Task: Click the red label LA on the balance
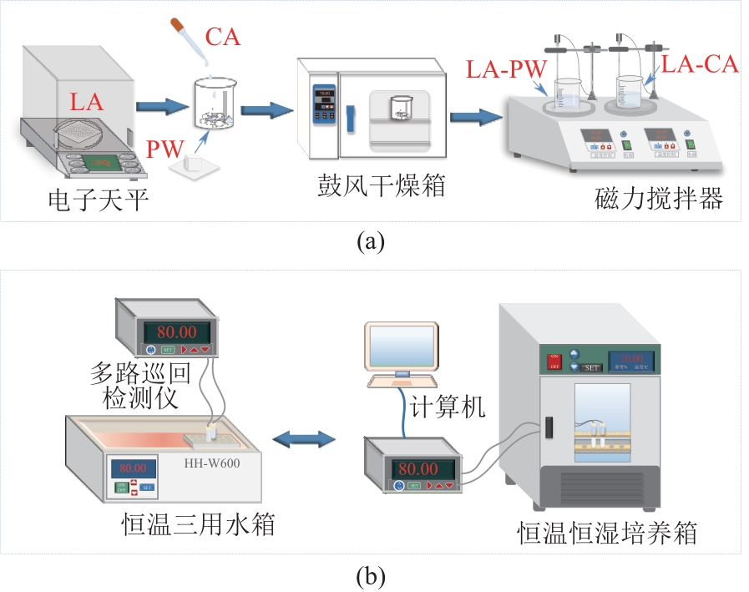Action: coord(86,103)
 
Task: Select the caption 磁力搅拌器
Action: coord(659,200)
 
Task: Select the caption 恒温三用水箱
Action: coord(197,525)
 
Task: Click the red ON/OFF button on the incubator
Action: coord(553,362)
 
